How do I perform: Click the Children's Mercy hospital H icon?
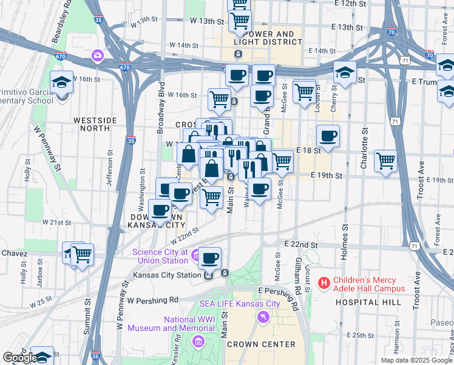click(324, 283)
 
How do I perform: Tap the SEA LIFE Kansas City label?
click(240, 304)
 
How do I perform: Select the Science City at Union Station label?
click(160, 256)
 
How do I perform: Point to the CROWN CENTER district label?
click(261, 344)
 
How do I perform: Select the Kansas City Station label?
click(168, 275)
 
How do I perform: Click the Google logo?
click(19, 358)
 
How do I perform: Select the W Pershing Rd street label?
click(152, 301)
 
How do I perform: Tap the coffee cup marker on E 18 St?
click(328, 136)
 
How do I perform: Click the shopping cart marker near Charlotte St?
click(385, 161)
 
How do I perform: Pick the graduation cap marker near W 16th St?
click(61, 82)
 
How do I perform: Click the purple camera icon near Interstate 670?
click(97, 57)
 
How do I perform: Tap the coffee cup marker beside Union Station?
click(210, 258)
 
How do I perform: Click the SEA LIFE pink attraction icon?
click(263, 316)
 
